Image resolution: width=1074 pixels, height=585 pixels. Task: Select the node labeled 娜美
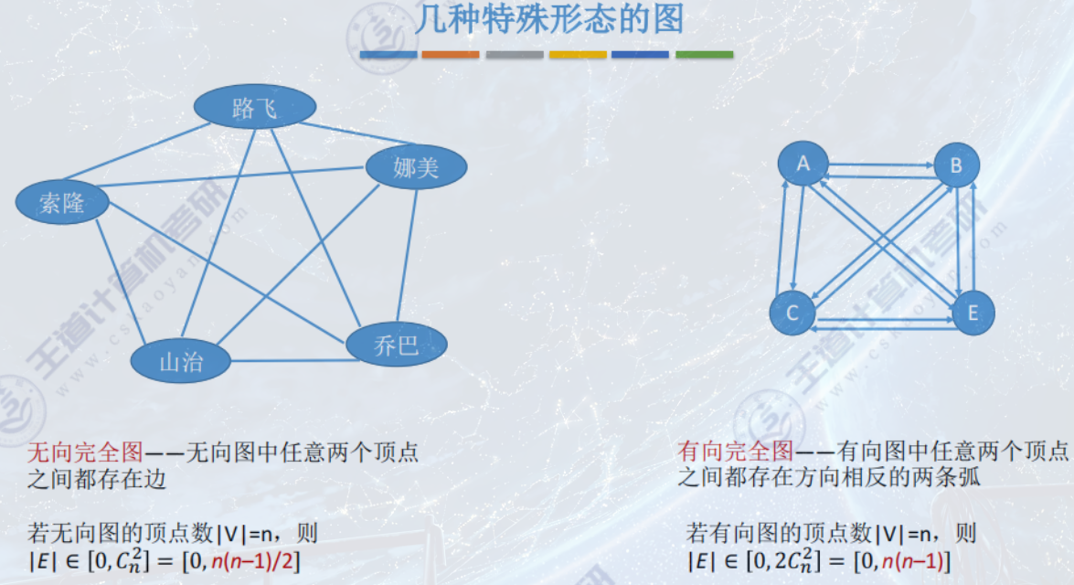point(416,167)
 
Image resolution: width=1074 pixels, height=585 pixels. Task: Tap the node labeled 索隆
point(62,203)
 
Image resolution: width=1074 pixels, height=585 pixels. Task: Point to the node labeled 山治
point(181,361)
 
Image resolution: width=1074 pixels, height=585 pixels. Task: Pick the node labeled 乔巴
point(397,345)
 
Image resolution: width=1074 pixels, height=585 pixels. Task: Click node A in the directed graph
point(803,164)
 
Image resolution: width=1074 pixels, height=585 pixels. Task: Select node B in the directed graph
point(956,165)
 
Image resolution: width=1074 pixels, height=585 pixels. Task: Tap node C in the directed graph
point(792,313)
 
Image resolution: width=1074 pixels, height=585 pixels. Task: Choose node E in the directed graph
point(973,314)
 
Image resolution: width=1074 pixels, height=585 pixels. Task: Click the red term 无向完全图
point(84,451)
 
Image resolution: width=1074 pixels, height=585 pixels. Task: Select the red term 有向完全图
point(734,451)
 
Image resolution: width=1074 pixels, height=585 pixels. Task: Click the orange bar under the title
point(450,55)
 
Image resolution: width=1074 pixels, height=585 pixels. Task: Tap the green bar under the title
point(704,55)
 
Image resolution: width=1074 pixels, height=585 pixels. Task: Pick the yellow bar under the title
point(578,55)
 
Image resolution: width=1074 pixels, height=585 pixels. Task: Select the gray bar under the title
point(515,55)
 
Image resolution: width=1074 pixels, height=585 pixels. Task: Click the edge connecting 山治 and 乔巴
point(288,360)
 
